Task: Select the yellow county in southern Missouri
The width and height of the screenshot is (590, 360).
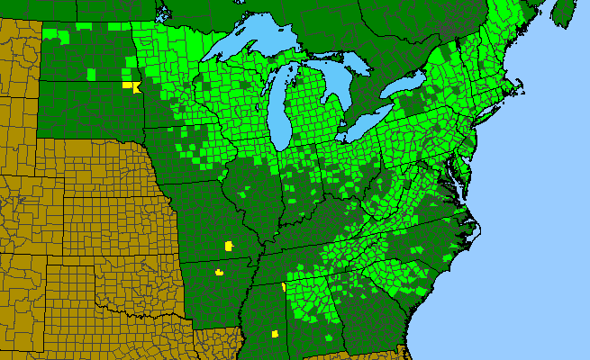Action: click(228, 245)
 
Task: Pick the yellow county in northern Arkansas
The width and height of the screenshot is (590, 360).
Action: click(218, 271)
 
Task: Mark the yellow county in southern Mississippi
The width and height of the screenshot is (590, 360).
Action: click(273, 334)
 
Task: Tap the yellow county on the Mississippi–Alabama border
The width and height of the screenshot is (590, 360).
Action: click(284, 288)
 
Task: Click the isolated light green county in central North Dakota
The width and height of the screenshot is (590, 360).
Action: click(91, 69)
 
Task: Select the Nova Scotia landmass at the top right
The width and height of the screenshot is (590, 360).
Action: click(563, 13)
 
